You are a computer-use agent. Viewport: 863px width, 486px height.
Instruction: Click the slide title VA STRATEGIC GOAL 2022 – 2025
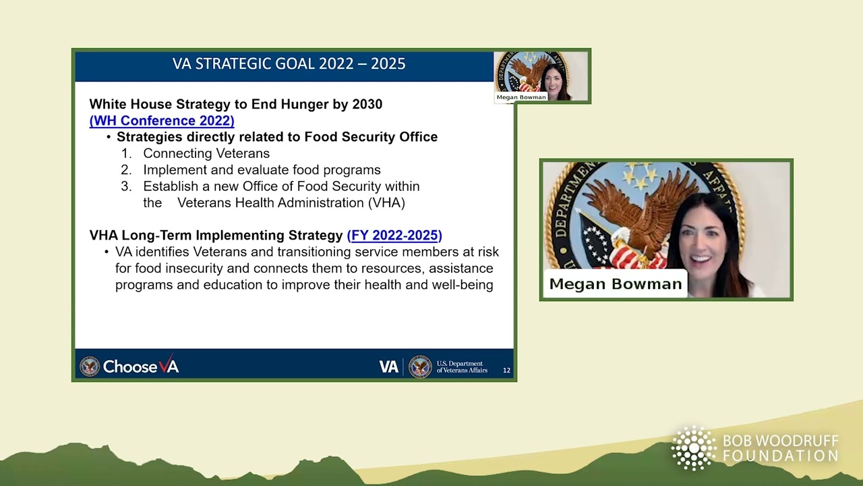point(289,63)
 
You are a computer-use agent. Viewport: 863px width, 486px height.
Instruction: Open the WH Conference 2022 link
point(162,121)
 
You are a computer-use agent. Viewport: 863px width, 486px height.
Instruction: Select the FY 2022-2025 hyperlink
point(394,236)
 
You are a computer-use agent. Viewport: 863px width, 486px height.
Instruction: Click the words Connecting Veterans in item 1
point(206,154)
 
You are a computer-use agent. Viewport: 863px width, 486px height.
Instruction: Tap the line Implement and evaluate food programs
point(262,170)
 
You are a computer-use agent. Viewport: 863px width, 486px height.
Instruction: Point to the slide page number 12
point(506,370)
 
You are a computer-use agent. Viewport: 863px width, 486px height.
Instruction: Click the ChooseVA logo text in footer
point(140,367)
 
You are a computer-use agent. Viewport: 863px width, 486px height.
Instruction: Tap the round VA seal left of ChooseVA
point(89,367)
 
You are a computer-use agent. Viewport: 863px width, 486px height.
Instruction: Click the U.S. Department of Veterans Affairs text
point(462,367)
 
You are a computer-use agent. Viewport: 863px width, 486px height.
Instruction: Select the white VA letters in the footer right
point(388,367)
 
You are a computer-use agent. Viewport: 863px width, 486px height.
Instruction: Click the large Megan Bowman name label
point(615,284)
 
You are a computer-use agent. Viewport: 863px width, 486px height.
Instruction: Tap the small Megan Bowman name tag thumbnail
point(521,97)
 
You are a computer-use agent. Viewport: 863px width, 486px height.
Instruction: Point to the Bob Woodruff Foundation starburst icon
point(693,448)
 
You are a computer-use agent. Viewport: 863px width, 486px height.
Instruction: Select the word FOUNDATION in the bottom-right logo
point(780,456)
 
